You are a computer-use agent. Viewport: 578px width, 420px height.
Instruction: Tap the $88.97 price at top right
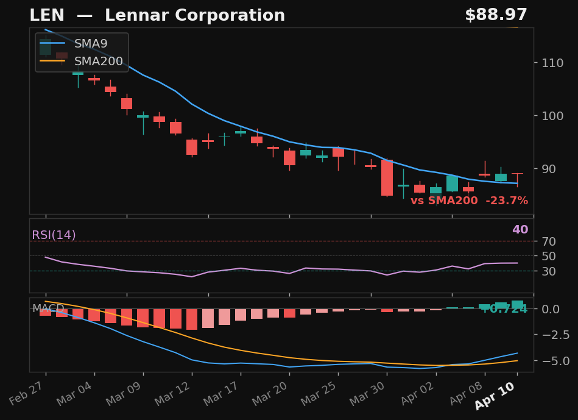[x=496, y=16]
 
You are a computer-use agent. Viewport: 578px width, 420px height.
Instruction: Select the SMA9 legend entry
[x=90, y=44]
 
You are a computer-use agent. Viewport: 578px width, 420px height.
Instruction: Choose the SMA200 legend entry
[x=98, y=62]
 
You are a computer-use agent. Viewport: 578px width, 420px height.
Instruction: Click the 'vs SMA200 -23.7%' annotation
[x=469, y=201]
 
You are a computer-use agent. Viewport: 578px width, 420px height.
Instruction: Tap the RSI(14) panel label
[x=54, y=235]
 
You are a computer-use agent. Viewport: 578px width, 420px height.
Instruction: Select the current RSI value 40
[x=520, y=230]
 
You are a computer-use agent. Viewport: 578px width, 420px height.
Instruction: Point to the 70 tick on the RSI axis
[x=548, y=241]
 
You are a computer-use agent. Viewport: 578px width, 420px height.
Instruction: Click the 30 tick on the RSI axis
[x=548, y=271]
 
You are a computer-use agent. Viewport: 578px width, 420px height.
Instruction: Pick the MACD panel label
[x=48, y=308]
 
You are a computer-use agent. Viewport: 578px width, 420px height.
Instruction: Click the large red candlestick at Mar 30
[x=387, y=178]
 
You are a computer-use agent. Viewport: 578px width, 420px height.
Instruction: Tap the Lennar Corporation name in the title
[x=195, y=16]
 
